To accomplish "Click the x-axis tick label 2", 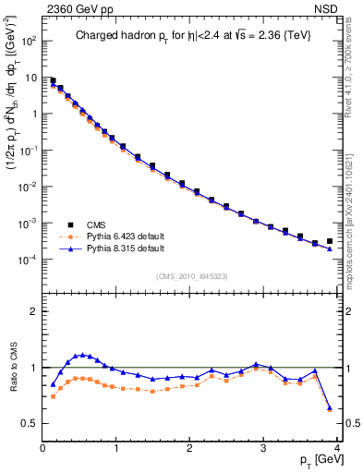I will [x=190, y=450].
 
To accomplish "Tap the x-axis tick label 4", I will [x=337, y=450].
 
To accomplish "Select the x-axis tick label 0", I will [x=42, y=450].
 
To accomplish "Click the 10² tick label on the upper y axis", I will [x=30, y=41].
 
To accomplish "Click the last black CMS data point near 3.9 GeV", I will [x=330, y=241].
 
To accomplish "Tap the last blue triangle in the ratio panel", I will [x=330, y=406].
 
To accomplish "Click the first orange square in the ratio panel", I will [x=53, y=396].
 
